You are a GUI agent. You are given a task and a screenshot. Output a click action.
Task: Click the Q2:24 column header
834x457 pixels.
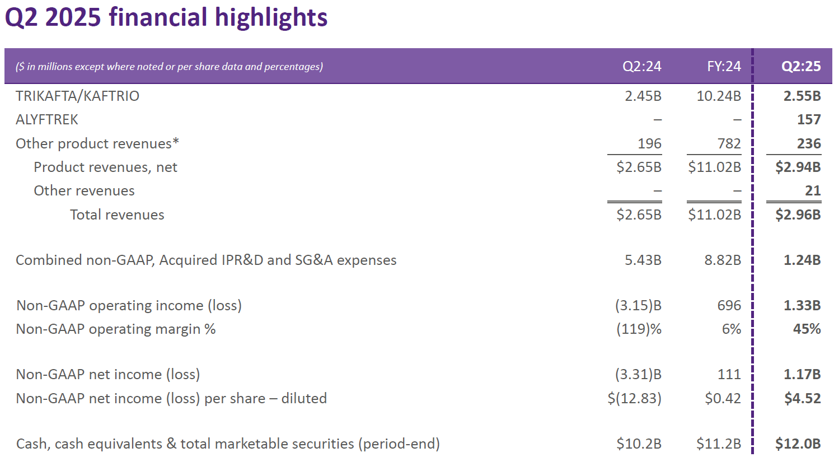pyautogui.click(x=641, y=67)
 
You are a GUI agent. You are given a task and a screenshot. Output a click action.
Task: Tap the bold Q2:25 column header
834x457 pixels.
pyautogui.click(x=801, y=67)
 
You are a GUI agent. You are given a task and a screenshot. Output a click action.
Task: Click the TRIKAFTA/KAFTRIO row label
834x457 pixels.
pyautogui.click(x=77, y=96)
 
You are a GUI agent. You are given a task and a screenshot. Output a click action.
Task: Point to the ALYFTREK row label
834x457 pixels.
pyautogui.click(x=47, y=120)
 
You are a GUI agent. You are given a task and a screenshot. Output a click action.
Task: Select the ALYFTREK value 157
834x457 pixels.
pyautogui.click(x=809, y=120)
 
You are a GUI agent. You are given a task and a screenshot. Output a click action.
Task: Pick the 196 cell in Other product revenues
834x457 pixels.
pyautogui.click(x=649, y=144)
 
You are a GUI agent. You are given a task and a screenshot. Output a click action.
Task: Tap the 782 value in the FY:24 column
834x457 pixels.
pyautogui.click(x=729, y=144)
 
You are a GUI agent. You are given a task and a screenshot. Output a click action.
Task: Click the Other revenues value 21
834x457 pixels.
pyautogui.click(x=813, y=191)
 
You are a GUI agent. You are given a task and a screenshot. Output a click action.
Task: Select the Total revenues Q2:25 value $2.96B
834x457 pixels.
pyautogui.click(x=798, y=215)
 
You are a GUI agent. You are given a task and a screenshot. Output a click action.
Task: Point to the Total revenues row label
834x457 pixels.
pyautogui.click(x=117, y=215)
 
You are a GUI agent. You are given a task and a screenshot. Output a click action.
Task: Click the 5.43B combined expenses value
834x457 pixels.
pyautogui.click(x=643, y=260)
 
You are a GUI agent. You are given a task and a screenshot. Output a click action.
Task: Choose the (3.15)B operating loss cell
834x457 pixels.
pyautogui.click(x=638, y=306)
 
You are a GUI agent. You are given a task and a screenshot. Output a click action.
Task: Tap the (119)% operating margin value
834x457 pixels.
pyautogui.click(x=639, y=329)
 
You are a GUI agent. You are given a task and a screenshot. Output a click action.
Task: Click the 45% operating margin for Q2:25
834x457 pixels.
pyautogui.click(x=807, y=329)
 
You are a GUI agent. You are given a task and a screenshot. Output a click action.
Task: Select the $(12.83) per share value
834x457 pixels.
pyautogui.click(x=634, y=399)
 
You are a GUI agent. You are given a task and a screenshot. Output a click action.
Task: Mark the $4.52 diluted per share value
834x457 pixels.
pyautogui.click(x=802, y=399)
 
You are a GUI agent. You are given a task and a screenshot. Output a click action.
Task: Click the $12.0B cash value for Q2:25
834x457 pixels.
pyautogui.click(x=798, y=444)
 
